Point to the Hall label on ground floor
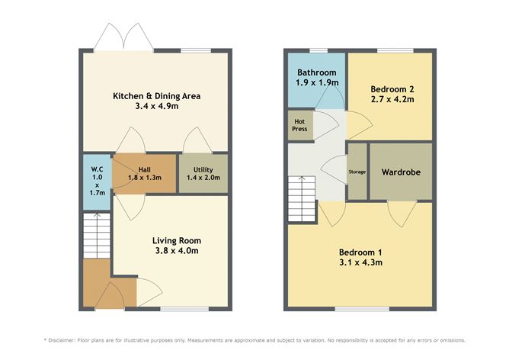click(x=144, y=170)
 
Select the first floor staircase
click(x=302, y=188)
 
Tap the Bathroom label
click(x=316, y=73)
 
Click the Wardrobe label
click(x=402, y=172)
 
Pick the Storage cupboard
click(x=357, y=172)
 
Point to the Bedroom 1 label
click(x=360, y=252)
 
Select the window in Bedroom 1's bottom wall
click(x=352, y=309)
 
